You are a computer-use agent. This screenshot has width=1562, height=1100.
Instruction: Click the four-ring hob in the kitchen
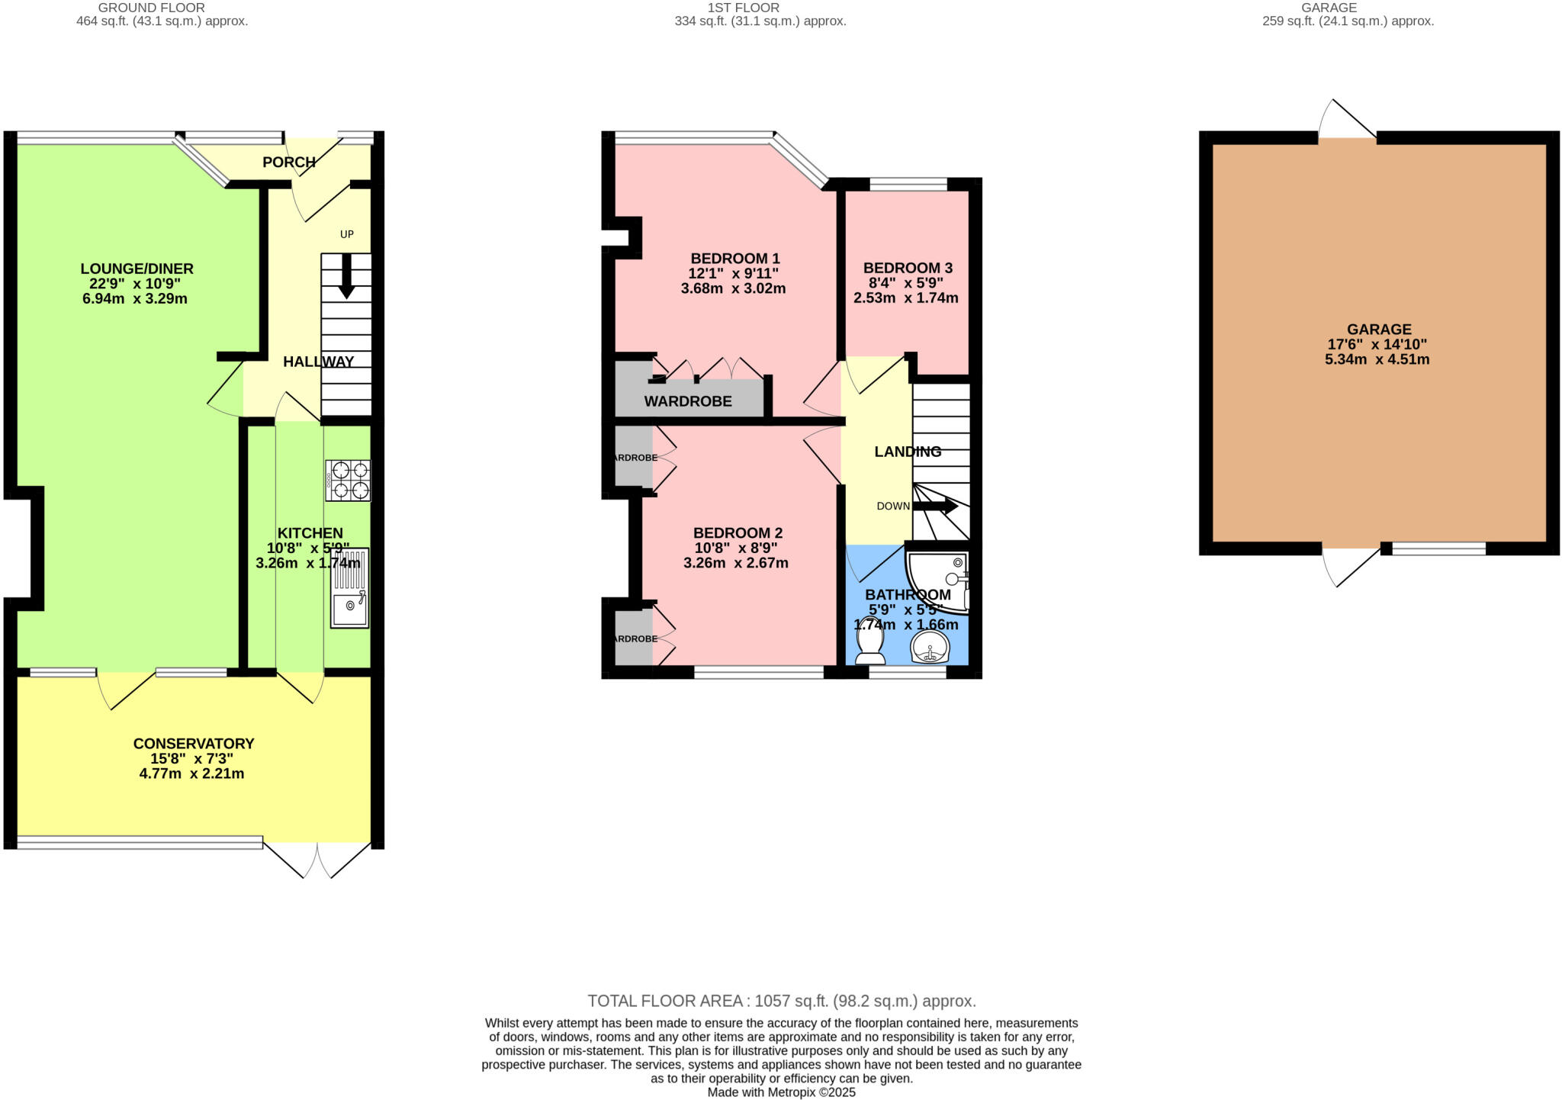click(349, 480)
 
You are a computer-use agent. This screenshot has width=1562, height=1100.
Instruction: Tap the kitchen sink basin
click(350, 607)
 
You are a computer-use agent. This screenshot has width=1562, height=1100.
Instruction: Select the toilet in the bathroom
click(869, 651)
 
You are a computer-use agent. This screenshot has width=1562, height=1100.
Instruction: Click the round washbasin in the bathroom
click(930, 648)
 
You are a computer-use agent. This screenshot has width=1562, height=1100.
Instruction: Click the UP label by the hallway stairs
click(347, 234)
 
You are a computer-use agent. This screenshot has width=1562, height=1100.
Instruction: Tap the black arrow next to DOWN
click(936, 506)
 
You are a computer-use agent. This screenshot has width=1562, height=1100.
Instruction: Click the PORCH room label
click(289, 162)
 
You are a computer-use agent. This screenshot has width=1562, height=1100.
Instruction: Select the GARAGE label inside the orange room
click(1378, 330)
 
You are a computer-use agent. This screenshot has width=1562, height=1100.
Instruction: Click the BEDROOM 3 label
click(908, 268)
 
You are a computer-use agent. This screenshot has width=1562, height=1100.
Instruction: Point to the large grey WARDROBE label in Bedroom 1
click(688, 401)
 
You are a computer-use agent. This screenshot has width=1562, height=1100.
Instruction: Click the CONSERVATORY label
click(193, 744)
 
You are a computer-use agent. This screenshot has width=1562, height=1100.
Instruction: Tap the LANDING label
click(908, 452)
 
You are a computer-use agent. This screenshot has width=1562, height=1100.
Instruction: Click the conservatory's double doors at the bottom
click(317, 860)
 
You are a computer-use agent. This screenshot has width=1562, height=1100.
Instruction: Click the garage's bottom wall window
click(1438, 548)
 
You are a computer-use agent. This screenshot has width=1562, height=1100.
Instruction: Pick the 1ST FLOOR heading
click(743, 8)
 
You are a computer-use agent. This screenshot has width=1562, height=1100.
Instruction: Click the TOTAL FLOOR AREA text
click(781, 1001)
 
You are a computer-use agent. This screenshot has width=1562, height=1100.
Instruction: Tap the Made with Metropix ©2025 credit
click(781, 1092)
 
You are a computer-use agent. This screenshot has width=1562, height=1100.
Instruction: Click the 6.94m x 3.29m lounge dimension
click(134, 298)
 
